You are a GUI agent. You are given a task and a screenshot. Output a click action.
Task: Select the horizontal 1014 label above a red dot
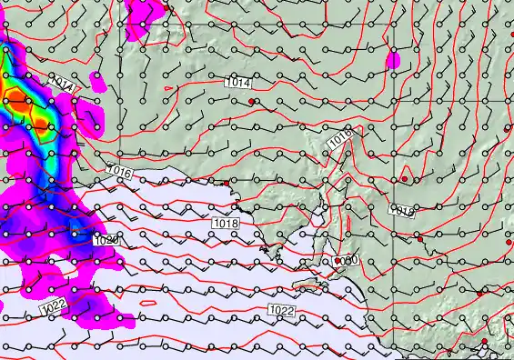[237, 82]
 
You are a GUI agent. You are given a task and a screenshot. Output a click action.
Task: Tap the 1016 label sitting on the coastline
[119, 171]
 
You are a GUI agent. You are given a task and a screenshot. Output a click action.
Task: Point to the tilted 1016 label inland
[340, 138]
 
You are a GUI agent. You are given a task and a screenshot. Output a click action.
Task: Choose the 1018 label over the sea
[226, 223]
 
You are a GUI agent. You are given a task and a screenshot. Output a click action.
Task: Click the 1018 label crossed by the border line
[401, 210]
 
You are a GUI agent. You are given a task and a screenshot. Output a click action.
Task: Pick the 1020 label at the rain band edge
[106, 240]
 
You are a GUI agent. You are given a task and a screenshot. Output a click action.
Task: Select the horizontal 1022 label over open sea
[282, 311]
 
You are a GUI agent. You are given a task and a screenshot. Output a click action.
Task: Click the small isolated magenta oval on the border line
[393, 61]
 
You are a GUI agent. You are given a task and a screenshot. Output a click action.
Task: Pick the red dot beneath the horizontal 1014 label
[241, 102]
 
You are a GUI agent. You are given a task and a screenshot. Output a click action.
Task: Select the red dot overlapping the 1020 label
[338, 260]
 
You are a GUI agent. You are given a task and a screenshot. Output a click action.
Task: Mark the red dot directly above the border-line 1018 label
[405, 179]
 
